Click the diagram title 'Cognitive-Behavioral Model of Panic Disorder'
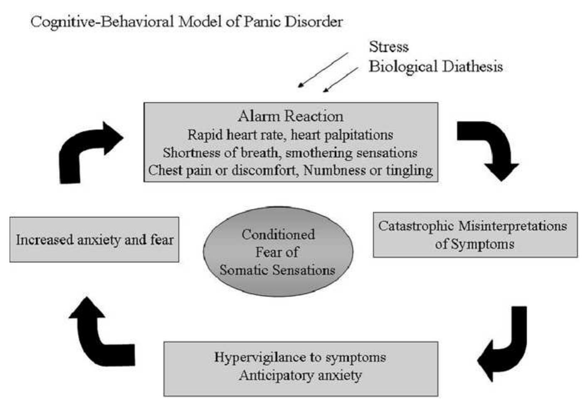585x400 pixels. coord(186,22)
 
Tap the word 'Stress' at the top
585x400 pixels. coord(388,47)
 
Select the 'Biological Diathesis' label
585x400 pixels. coord(435,67)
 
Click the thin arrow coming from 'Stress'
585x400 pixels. coord(323,70)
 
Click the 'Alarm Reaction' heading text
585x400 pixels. coord(291,116)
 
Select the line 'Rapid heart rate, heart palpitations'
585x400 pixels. coord(290,135)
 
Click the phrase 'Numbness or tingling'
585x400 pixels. coord(368,170)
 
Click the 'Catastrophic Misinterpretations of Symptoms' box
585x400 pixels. coord(475,235)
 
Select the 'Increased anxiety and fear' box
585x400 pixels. coord(94,240)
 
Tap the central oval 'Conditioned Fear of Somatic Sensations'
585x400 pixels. coord(278,252)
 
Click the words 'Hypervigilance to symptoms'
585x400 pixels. coord(300,358)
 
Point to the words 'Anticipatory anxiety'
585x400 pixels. coord(300,375)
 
